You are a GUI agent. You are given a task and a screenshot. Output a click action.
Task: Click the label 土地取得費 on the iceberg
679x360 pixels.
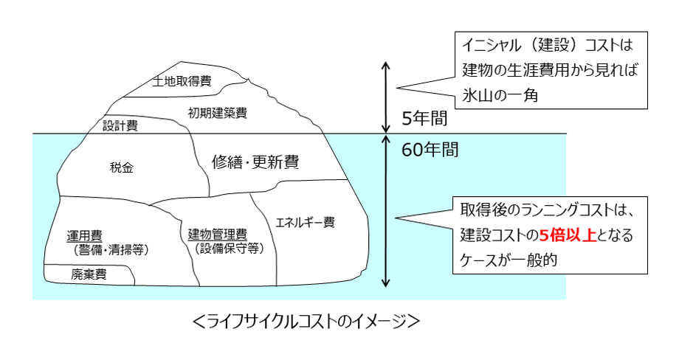click(182, 81)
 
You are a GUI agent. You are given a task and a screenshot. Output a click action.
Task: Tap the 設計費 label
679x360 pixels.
click(120, 125)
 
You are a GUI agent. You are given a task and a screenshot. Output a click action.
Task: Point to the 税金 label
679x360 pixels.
click(120, 167)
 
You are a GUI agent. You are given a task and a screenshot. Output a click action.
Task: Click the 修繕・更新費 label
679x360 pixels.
click(255, 162)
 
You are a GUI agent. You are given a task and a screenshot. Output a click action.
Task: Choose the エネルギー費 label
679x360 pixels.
click(305, 221)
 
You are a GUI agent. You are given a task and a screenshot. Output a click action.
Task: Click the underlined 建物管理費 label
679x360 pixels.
click(217, 235)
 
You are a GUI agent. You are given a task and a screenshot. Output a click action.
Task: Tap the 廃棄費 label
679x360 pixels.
click(89, 274)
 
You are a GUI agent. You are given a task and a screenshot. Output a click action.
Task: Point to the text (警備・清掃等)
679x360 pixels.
click(111, 250)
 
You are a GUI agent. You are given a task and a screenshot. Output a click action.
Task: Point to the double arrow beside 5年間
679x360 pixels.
click(385, 95)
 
